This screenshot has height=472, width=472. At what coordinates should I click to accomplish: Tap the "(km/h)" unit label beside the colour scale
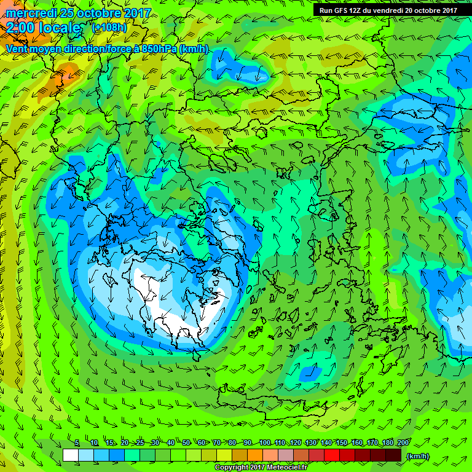[x=418, y=455]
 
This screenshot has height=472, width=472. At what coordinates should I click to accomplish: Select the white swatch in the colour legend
[x=71, y=455]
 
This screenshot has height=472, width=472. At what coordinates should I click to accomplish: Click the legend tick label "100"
[x=265, y=443]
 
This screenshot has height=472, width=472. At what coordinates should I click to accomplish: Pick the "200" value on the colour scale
[x=403, y=443]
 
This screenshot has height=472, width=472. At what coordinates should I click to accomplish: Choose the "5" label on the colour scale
[x=77, y=443]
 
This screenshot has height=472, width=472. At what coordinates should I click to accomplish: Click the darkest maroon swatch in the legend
[x=393, y=455]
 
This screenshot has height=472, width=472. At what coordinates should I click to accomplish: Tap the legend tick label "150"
[x=342, y=443]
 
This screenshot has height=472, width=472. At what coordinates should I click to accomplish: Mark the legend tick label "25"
[x=140, y=443]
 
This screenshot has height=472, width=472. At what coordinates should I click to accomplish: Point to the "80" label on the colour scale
[x=232, y=443]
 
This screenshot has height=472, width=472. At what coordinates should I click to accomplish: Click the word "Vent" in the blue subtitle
[x=18, y=49]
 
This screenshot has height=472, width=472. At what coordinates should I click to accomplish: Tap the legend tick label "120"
[x=296, y=443]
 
